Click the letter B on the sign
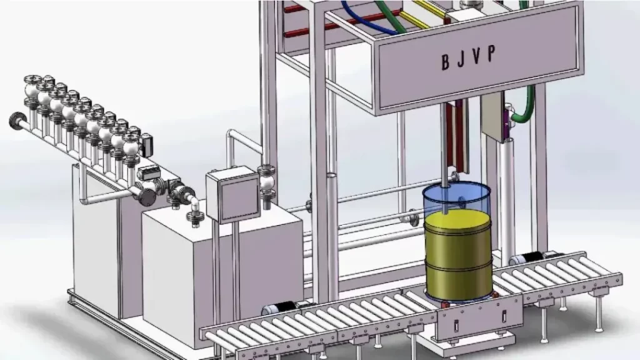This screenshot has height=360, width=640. tap(446, 62)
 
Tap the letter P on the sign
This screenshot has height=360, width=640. tap(491, 53)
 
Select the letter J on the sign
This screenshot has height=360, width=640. tap(461, 59)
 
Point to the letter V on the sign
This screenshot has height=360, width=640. tap(476, 56)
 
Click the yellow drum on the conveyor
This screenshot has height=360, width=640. tap(458, 255)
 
